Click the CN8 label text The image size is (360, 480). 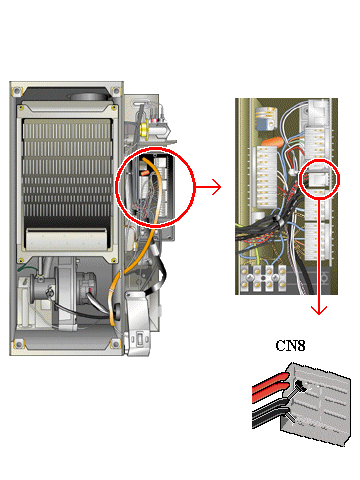click(x=290, y=346)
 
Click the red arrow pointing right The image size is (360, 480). click(x=208, y=187)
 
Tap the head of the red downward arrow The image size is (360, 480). click(x=319, y=310)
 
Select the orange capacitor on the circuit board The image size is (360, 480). click(x=272, y=142)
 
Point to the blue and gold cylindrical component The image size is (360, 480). click(x=266, y=119)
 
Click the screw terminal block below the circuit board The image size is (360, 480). click(x=263, y=278)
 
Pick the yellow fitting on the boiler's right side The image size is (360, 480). click(x=145, y=130)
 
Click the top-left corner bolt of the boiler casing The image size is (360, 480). click(x=17, y=91)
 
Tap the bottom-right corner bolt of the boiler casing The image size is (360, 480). click(x=116, y=343)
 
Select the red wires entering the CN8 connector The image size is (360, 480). click(x=271, y=387)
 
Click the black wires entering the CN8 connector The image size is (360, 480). click(x=270, y=412)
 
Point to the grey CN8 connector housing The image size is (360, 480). click(x=316, y=404)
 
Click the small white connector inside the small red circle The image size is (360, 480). click(x=318, y=179)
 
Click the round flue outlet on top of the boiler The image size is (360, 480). click(x=88, y=97)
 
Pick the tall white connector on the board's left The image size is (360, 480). click(x=266, y=177)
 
